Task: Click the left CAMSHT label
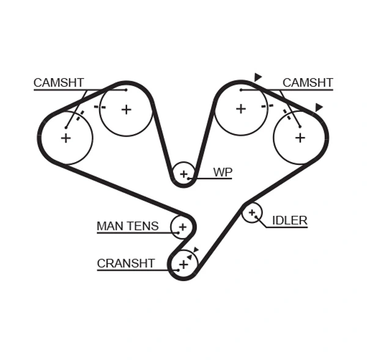click(59, 83)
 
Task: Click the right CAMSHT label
click(308, 83)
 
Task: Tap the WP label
click(223, 172)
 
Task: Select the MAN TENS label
click(127, 226)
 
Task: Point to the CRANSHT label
click(126, 263)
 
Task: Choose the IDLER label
click(289, 221)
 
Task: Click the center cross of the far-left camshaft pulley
click(65, 138)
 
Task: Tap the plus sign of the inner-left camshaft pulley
click(126, 109)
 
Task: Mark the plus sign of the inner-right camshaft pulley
click(241, 109)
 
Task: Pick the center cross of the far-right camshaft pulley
click(300, 138)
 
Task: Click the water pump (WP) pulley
click(183, 174)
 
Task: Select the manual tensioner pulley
click(182, 227)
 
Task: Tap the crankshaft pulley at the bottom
click(183, 264)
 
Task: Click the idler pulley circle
click(251, 212)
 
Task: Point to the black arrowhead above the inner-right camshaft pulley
click(258, 77)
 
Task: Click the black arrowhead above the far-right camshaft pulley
click(318, 108)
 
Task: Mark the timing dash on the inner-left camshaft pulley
click(100, 107)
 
